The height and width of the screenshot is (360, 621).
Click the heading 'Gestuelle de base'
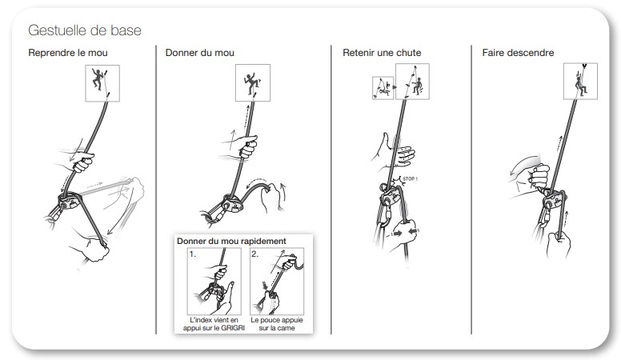85,30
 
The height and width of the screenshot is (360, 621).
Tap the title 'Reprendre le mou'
68,53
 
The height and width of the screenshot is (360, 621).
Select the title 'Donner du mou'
199,53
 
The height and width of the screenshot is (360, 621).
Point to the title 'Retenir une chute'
382,53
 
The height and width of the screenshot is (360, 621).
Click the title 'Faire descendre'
518,53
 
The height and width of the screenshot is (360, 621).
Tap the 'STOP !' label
410,179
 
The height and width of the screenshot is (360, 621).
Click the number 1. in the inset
193,254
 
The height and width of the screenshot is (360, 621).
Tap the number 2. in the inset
255,254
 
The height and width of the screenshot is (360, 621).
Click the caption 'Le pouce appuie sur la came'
277,324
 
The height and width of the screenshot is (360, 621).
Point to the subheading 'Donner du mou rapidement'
231,241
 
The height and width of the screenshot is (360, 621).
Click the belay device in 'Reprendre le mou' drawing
70,200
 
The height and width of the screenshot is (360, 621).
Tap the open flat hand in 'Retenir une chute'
394,153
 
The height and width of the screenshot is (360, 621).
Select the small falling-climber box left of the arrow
383,88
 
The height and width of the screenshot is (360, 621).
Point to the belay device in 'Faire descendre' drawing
554,199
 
